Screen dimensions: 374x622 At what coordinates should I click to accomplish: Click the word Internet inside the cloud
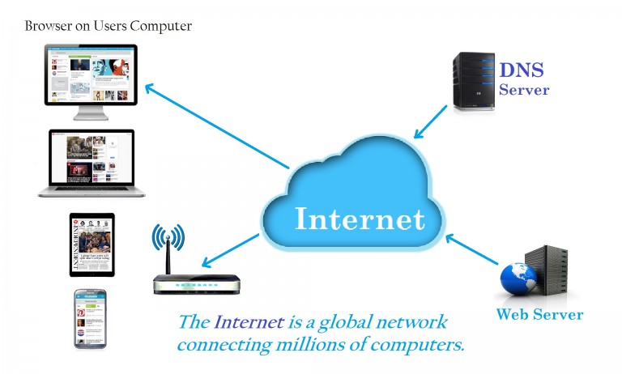[359, 219]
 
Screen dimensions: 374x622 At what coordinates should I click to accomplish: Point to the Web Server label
[539, 313]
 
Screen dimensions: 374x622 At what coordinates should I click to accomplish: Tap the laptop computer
[92, 163]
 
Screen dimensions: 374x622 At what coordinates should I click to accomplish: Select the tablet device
[92, 244]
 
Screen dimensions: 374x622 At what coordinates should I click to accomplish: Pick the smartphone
[91, 318]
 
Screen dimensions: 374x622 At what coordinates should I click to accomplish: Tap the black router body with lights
[197, 284]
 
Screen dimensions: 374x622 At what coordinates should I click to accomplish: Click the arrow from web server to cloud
[470, 249]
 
